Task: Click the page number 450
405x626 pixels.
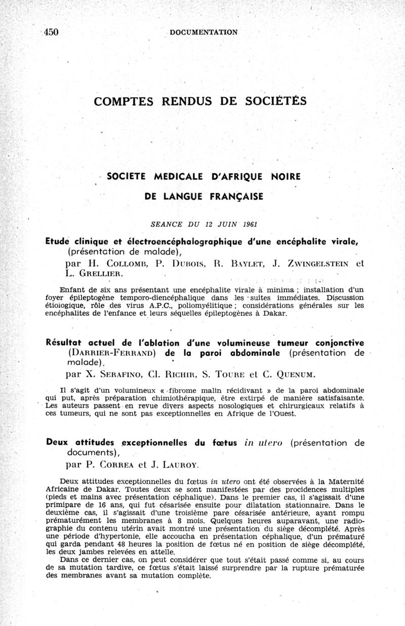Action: tap(51, 32)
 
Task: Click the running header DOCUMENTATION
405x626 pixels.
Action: tap(204, 32)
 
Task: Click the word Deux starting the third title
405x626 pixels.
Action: tap(56, 442)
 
